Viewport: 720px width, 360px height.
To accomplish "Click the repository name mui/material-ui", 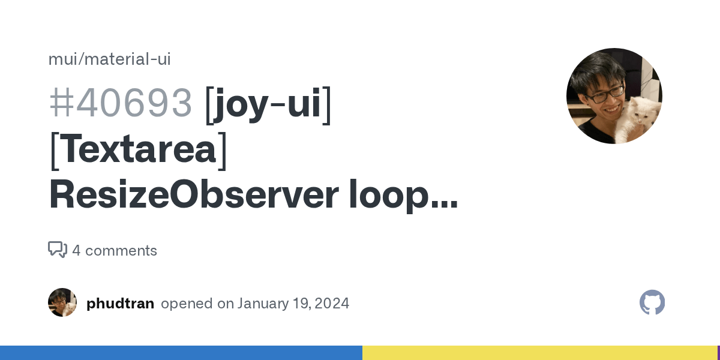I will click(110, 59).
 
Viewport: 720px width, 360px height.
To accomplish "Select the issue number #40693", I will click(121, 102).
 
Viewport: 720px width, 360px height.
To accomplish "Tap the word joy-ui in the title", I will click(268, 102).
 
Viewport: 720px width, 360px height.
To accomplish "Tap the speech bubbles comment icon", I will click(58, 250).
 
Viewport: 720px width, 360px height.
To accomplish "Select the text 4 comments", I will click(115, 251).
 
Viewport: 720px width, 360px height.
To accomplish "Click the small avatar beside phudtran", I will click(62, 302).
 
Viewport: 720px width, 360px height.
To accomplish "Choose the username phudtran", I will click(120, 304).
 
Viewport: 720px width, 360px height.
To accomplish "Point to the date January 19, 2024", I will click(293, 304).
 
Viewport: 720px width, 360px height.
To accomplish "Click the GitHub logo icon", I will click(652, 302).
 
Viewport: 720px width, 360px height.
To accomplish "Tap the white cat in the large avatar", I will click(640, 117).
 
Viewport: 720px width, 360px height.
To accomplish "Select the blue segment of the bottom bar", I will click(180, 353).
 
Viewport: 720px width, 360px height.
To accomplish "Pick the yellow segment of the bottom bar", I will click(540, 353).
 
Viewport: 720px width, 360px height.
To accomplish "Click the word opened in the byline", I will click(188, 304).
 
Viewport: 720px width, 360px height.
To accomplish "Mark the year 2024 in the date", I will click(331, 304).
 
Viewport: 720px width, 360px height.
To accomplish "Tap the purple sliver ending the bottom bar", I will click(718, 353).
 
